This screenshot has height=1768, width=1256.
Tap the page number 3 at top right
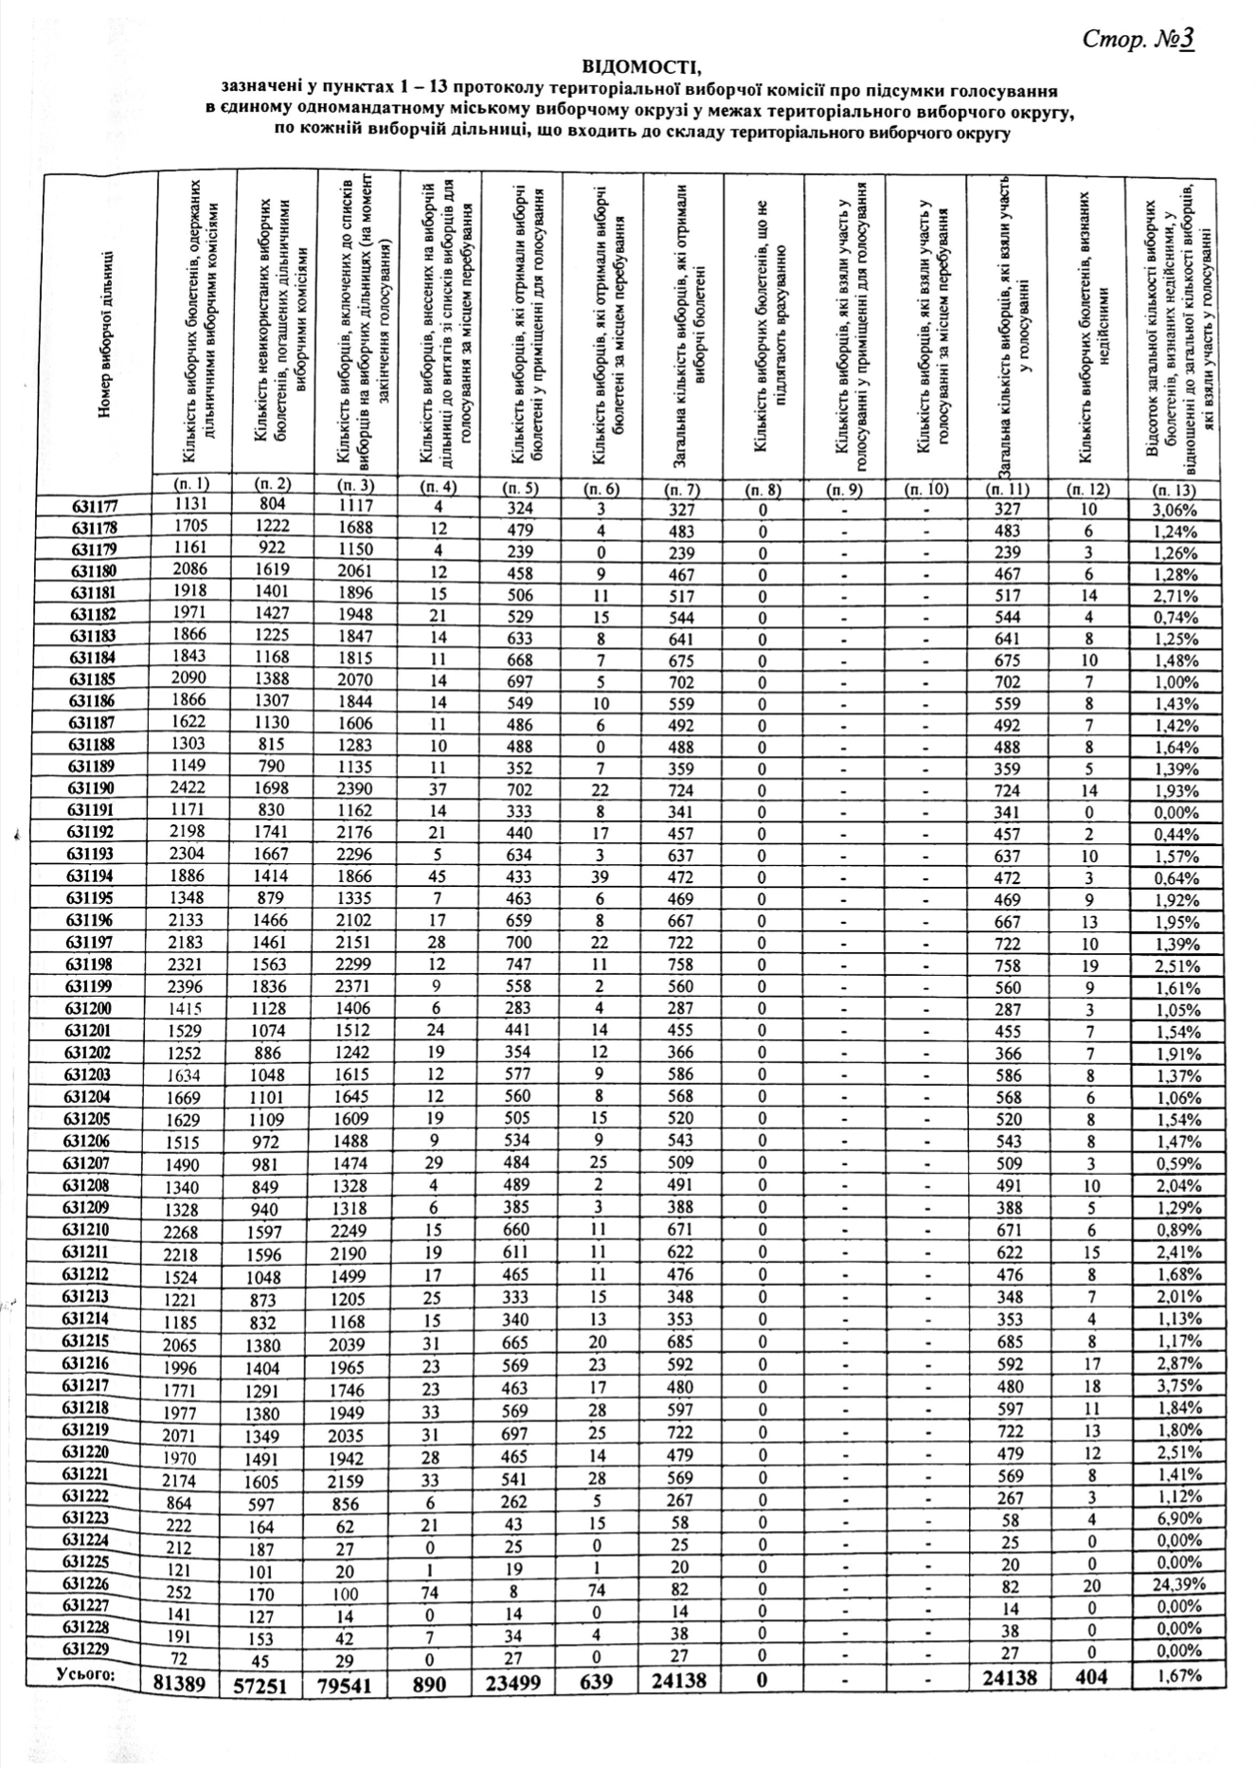tap(1185, 39)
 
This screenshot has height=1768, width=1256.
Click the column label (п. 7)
tap(681, 490)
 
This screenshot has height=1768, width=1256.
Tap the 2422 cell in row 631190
tap(191, 787)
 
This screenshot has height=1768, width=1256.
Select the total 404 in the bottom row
tap(1088, 1677)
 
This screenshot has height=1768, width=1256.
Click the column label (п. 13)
tap(1174, 490)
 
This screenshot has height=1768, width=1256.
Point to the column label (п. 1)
tap(192, 483)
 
